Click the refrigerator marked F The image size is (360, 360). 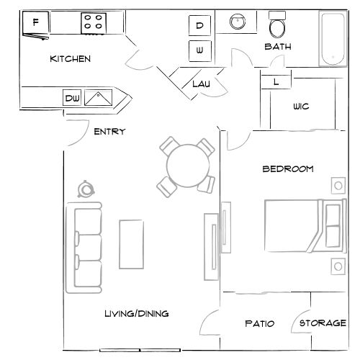coord(35,24)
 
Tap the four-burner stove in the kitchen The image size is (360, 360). coord(91,22)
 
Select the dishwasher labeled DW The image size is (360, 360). coord(71,97)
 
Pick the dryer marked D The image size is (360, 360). coord(200,25)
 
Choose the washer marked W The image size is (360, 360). coord(200,50)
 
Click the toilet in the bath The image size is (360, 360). coord(277,27)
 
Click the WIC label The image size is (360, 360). coord(301,107)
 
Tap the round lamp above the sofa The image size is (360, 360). coord(87,189)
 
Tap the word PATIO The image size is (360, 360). coord(260,323)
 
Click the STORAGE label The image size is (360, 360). coord(323,323)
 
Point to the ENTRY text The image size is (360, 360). coord(109,131)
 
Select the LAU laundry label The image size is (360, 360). coord(200,84)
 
